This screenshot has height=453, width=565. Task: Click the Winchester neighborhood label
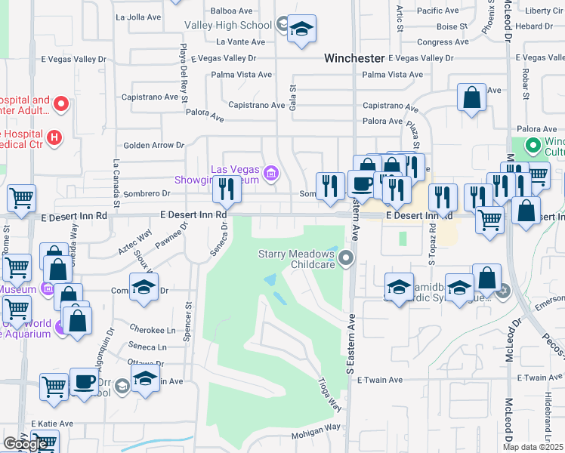tap(354, 58)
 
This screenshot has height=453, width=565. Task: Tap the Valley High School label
tap(228, 25)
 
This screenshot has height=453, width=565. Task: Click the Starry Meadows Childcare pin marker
tap(347, 258)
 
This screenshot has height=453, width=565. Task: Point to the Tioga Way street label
tap(331, 393)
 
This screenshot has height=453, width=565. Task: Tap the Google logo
tap(25, 443)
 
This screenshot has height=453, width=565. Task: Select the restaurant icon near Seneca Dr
tap(227, 190)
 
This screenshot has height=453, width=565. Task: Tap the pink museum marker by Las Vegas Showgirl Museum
tap(270, 174)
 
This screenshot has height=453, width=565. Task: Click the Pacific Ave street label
tap(438, 11)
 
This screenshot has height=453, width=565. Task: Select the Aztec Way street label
tap(135, 242)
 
